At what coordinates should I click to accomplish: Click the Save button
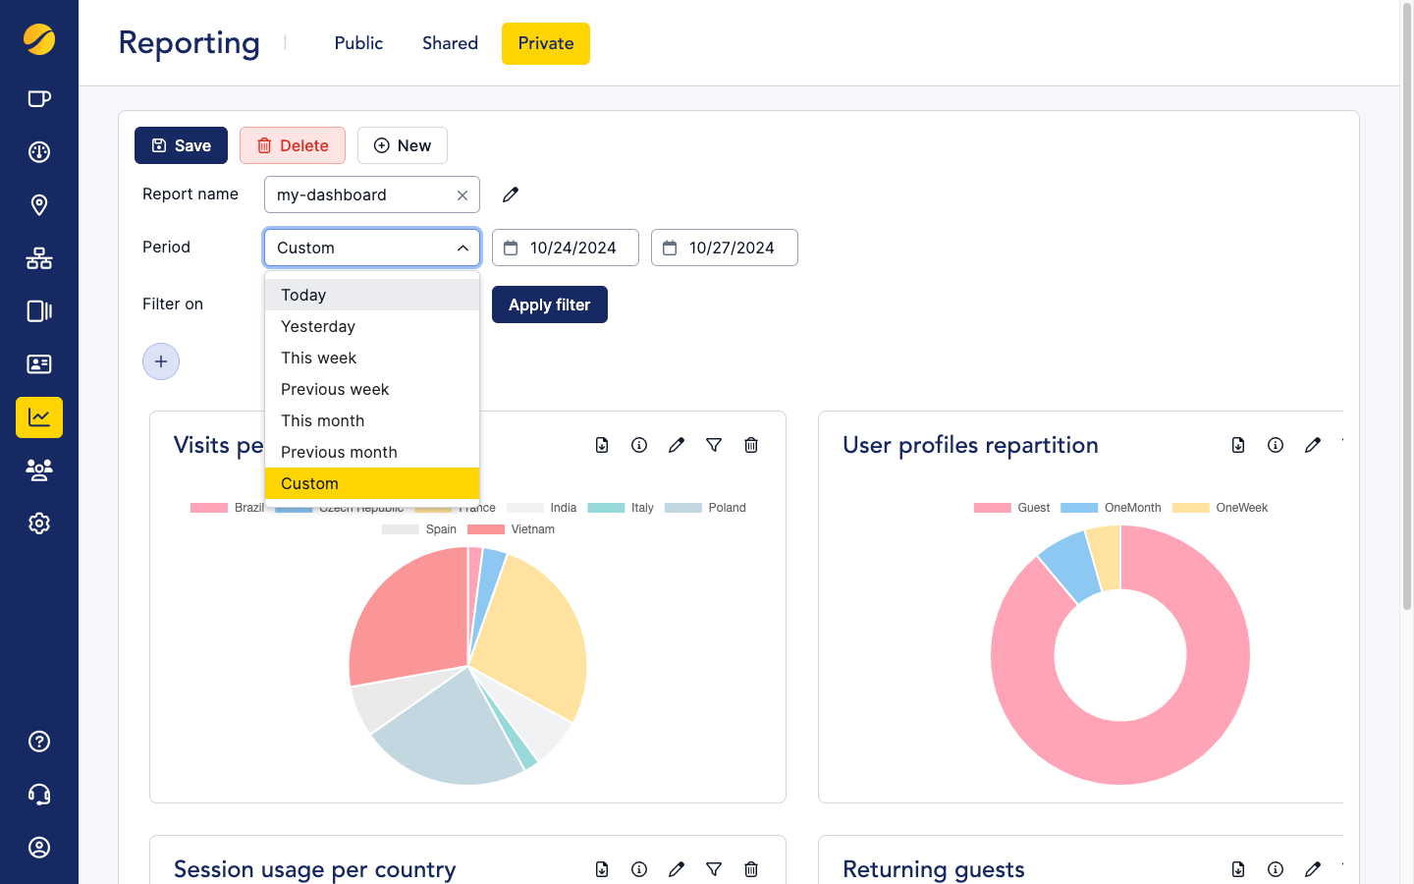(x=181, y=145)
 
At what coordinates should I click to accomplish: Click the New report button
(x=402, y=145)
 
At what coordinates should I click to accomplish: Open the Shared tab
(x=450, y=43)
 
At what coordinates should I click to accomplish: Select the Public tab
(x=358, y=43)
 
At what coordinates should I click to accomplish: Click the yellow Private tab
(x=545, y=43)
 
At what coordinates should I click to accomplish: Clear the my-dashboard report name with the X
(x=462, y=195)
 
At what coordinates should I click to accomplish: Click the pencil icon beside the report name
(x=511, y=194)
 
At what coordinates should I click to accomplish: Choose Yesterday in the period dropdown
(x=318, y=326)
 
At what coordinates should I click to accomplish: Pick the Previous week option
(x=335, y=389)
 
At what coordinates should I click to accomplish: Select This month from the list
(x=322, y=420)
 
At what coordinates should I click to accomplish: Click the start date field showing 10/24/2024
(x=566, y=248)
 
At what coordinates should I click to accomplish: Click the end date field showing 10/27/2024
(x=725, y=248)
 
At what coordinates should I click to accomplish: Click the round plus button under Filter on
(x=161, y=361)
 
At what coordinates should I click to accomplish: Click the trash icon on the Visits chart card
(x=751, y=445)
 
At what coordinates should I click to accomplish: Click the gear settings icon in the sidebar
(x=39, y=524)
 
